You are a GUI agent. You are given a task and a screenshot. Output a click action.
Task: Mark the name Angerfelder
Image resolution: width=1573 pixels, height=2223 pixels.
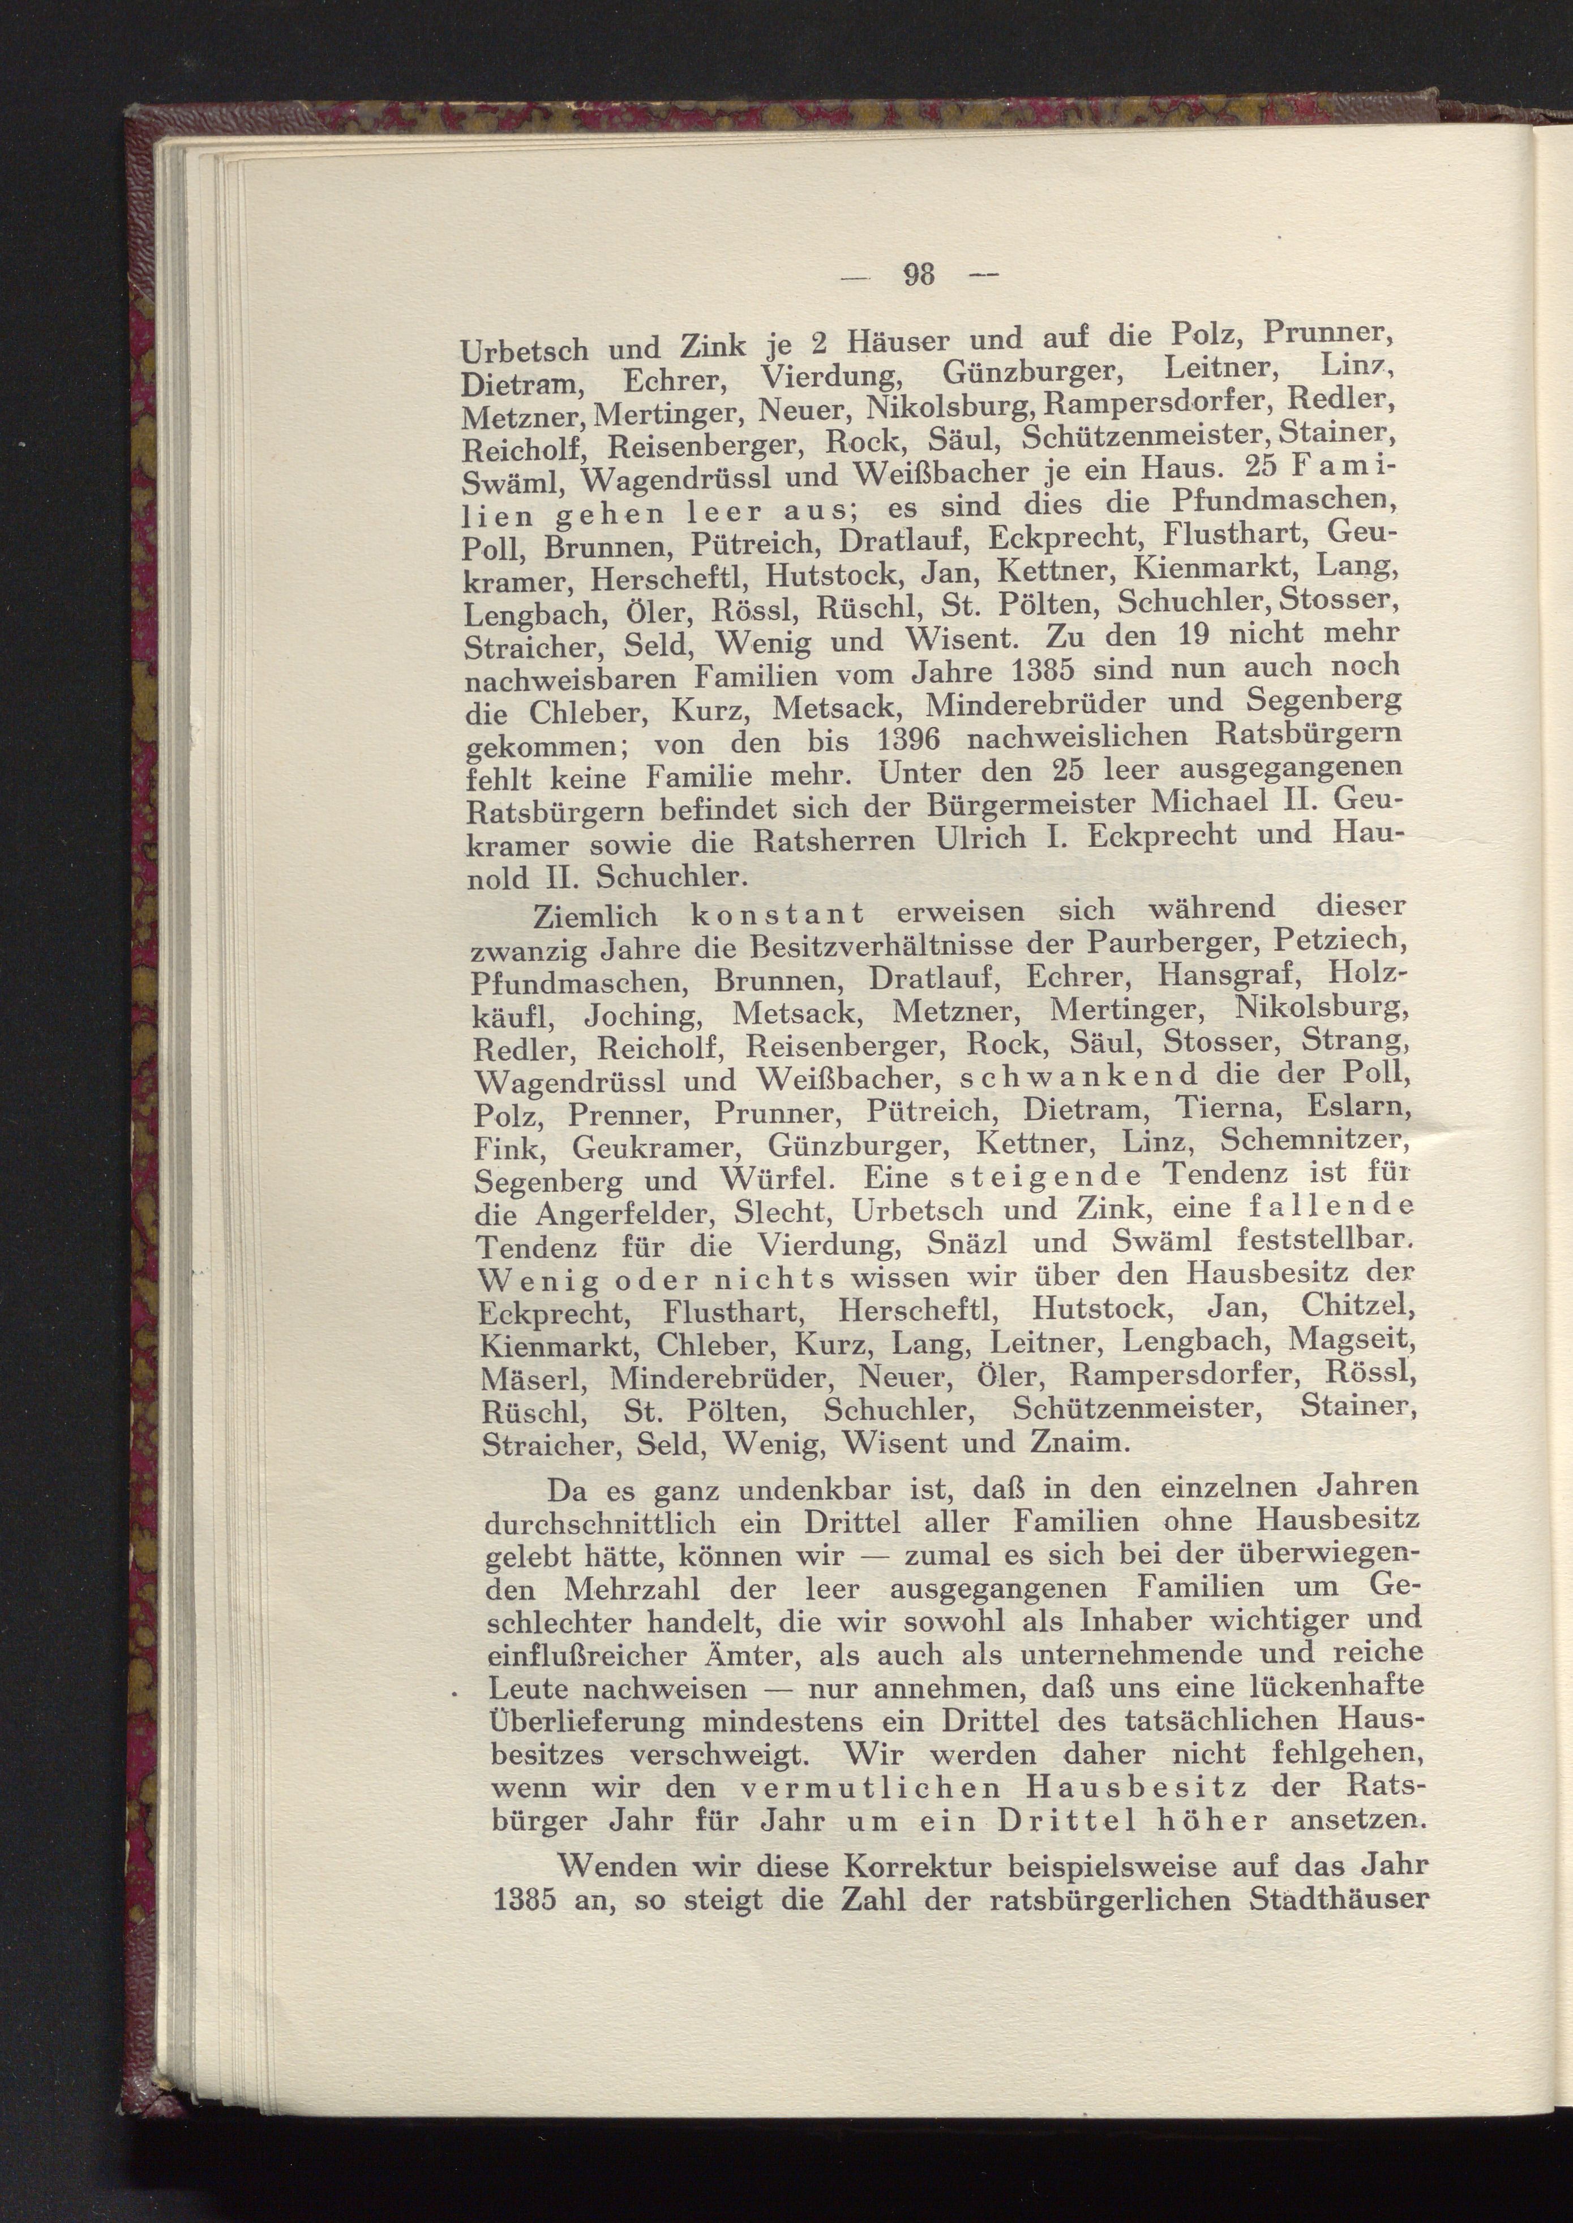[625, 1212]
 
